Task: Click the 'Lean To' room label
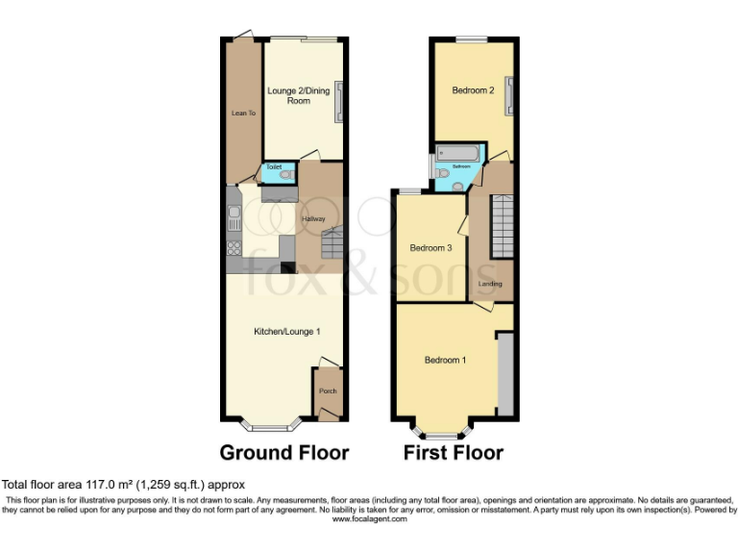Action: tap(243, 113)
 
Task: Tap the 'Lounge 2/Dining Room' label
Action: tap(298, 95)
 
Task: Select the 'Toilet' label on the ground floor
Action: tap(274, 167)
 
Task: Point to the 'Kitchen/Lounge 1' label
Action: tap(286, 331)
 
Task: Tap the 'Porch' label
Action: tap(328, 391)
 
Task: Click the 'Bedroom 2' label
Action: tap(473, 91)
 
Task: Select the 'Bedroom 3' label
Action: tap(430, 248)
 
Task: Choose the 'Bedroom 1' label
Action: tap(445, 361)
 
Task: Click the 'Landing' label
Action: tap(490, 284)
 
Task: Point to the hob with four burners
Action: tap(233, 246)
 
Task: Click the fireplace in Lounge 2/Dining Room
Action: tap(337, 101)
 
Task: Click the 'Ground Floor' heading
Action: tap(283, 452)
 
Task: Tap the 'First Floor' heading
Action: tap(453, 452)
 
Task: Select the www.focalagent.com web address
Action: tap(369, 519)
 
